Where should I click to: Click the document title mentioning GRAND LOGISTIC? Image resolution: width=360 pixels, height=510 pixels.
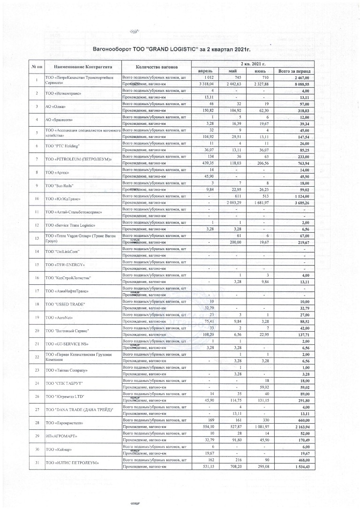(179, 48)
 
